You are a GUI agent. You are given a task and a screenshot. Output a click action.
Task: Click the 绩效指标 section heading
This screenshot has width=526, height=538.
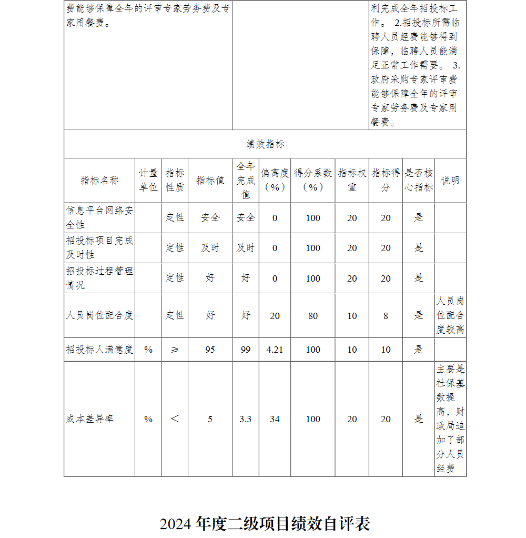pos(265,144)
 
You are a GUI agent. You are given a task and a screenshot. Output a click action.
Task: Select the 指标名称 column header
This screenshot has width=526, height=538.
pos(99,181)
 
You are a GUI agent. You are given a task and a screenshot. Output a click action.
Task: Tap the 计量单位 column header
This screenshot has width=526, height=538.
pos(148,180)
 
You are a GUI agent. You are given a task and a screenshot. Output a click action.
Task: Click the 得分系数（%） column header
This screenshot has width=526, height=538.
pos(313,180)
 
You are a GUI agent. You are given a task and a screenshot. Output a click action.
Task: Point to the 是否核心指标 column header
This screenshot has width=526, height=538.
pos(419,180)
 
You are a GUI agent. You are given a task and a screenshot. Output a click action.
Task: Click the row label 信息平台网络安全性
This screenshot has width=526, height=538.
pos(99,217)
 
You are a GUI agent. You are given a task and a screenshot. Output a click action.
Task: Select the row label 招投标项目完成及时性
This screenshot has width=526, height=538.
pos(99,247)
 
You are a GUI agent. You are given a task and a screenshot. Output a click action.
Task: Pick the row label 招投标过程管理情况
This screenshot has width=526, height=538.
pos(99,278)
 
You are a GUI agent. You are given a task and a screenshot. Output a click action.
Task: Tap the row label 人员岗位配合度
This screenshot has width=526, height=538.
pos(99,315)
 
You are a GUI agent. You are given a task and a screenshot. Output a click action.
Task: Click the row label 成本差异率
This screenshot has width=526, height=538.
pos(90,419)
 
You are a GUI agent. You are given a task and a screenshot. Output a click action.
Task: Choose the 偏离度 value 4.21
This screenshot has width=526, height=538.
pos(275,350)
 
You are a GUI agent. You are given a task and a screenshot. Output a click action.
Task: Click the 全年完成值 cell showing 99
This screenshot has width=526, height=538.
pos(246,350)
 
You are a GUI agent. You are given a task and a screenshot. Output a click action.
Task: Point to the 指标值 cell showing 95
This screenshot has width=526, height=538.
pos(210,350)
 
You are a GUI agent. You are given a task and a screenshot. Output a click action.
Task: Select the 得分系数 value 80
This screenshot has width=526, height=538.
pos(313,316)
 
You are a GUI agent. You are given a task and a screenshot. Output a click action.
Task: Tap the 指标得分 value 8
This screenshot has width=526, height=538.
pos(386,316)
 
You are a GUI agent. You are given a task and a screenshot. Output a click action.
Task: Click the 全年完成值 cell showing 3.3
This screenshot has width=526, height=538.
pos(246,419)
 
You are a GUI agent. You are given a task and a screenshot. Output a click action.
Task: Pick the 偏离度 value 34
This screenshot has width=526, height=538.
pos(275,419)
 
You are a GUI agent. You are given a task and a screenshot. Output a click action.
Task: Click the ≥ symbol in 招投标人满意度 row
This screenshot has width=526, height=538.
pos(175,350)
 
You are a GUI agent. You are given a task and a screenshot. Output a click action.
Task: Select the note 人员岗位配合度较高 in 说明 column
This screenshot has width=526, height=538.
pos(450,315)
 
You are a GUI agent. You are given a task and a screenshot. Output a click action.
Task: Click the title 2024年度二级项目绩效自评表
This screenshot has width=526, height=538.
pos(265,524)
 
